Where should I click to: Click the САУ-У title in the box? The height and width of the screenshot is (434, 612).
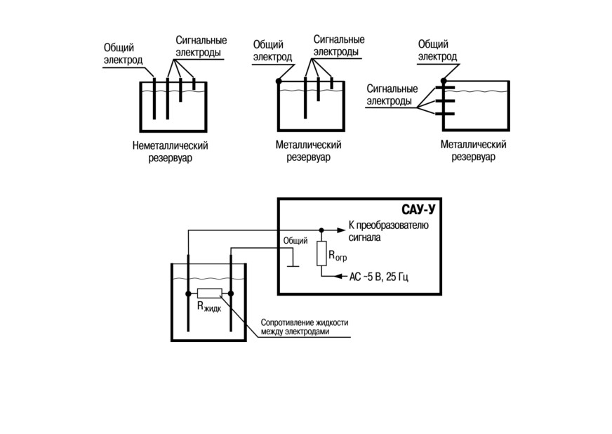click(x=418, y=210)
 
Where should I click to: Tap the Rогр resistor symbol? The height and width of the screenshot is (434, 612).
click(x=321, y=254)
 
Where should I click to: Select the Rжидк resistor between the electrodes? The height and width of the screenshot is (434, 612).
click(x=210, y=294)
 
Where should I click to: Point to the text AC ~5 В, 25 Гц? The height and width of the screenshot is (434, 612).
click(x=378, y=277)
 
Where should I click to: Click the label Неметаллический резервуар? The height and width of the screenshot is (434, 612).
click(x=170, y=152)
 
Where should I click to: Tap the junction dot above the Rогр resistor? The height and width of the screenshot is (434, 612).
click(x=321, y=230)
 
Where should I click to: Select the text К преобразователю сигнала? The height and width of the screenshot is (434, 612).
click(x=388, y=231)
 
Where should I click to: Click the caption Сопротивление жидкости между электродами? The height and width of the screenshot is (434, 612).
click(x=305, y=327)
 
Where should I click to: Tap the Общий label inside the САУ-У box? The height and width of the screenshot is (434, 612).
click(x=295, y=241)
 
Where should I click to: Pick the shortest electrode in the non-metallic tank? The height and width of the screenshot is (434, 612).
click(x=194, y=84)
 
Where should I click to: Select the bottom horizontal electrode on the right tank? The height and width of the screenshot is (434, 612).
click(x=445, y=114)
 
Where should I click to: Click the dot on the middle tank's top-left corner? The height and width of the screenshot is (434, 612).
click(x=279, y=81)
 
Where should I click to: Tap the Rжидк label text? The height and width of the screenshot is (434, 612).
click(x=209, y=306)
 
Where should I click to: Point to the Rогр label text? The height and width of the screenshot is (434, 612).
click(x=338, y=256)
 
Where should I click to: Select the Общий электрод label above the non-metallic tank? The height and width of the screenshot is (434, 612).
click(x=123, y=54)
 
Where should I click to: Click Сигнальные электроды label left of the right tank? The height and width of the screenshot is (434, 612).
click(x=392, y=95)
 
